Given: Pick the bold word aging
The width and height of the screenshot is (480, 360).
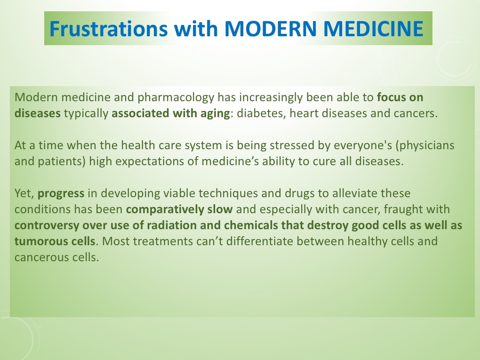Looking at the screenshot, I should tap(215, 114).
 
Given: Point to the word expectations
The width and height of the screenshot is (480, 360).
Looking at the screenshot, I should tap(160, 162).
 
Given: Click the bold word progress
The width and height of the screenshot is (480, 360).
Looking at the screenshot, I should tap(61, 193).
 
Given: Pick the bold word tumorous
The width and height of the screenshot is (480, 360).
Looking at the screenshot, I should tap(35, 241).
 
